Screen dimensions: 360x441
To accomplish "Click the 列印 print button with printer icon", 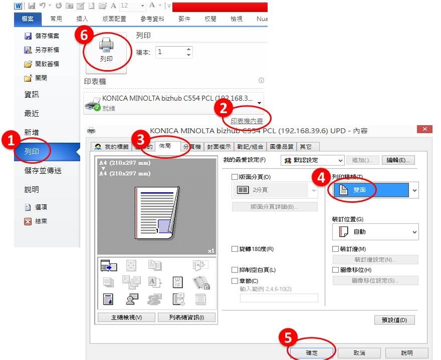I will [106, 52].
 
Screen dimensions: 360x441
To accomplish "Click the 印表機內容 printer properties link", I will [247, 121].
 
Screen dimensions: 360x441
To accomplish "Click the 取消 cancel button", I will [359, 353].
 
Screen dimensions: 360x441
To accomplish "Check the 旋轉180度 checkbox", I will [235, 249].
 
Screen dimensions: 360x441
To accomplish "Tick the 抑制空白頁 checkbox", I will [235, 270].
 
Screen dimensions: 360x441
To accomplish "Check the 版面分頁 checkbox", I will [235, 177].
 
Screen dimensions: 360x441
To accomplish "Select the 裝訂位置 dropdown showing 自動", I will [375, 232].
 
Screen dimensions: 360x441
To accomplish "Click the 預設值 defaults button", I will [394, 320].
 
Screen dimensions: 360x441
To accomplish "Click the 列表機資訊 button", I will [186, 317].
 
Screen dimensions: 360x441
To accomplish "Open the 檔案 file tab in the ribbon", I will [28, 19].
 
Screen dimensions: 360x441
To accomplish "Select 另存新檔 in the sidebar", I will [47, 50].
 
